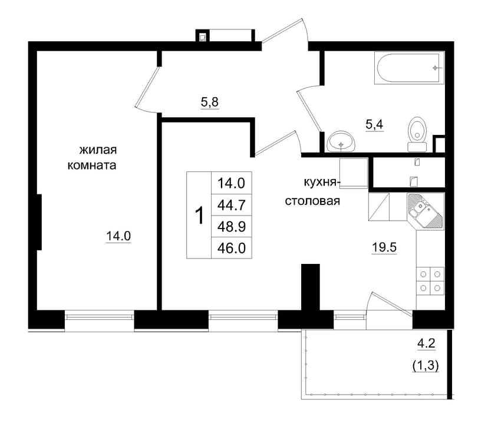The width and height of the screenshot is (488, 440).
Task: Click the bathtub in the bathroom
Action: [409, 68]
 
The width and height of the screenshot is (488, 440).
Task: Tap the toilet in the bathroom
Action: [417, 134]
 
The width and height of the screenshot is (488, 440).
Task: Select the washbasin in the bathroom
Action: [341, 141]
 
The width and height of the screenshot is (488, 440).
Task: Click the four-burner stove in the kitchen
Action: [430, 281]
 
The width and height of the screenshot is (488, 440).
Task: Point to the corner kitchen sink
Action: [425, 211]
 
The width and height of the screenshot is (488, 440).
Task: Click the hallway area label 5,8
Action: [210, 102]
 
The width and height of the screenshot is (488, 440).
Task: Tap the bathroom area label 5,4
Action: [374, 125]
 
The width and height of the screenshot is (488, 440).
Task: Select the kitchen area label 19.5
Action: [384, 247]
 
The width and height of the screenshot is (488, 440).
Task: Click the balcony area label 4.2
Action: [426, 344]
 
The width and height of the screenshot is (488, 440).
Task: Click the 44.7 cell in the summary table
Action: [232, 205]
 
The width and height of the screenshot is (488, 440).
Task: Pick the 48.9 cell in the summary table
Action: [232, 227]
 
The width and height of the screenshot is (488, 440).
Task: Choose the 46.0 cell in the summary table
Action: [232, 248]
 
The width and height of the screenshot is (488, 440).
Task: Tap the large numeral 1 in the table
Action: [199, 215]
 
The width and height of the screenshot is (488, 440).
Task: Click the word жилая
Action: [98, 150]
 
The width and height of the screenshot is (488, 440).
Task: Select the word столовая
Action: [312, 201]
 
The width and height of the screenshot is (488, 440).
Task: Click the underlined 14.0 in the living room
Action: [118, 236]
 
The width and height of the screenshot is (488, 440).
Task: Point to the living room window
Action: [99, 317]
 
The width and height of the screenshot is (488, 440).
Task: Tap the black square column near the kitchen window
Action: [311, 287]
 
